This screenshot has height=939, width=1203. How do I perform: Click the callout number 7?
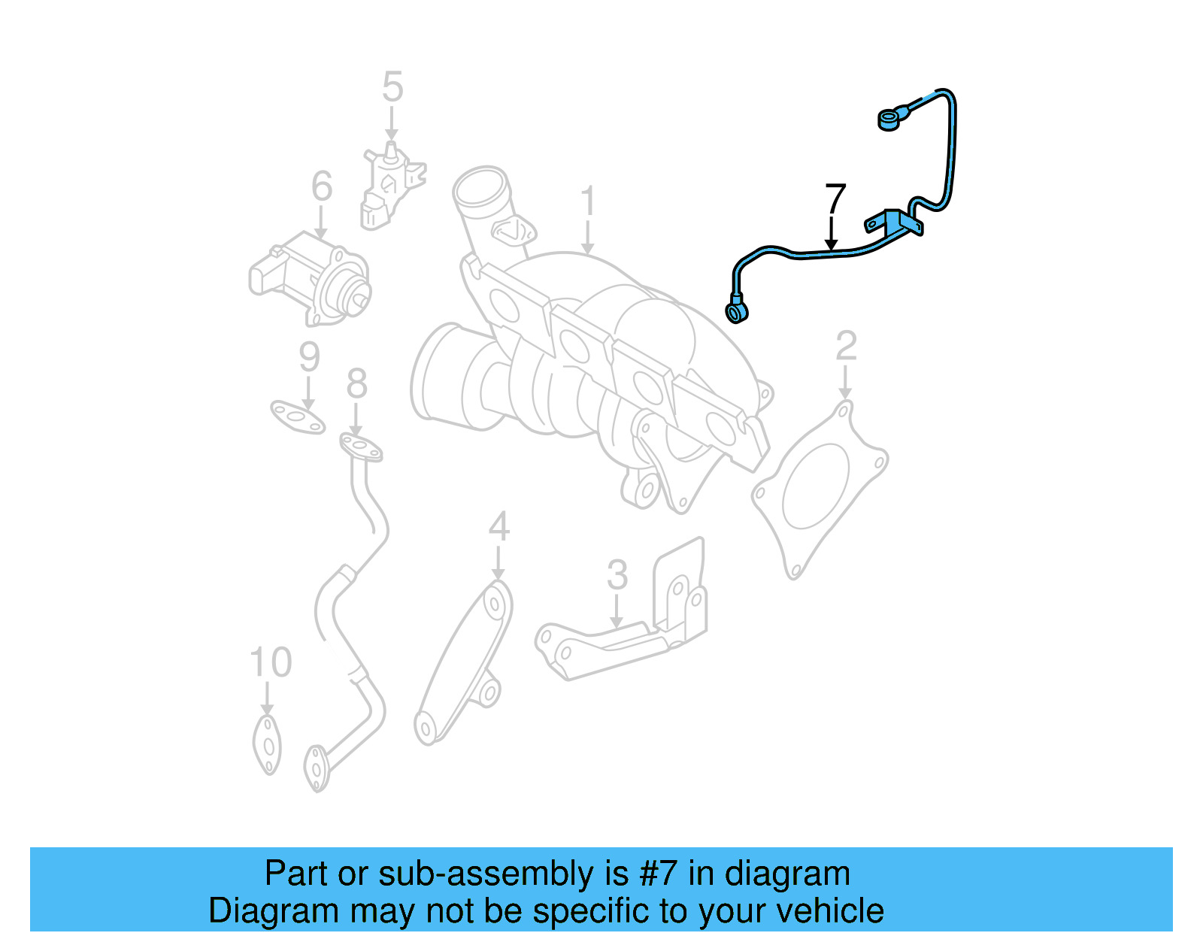[x=835, y=199]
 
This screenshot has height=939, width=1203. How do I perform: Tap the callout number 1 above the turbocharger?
[x=589, y=201]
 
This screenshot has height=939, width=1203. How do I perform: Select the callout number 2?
[x=846, y=346]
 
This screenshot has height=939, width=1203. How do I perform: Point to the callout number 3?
[x=617, y=575]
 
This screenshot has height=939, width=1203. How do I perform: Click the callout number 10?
[x=270, y=662]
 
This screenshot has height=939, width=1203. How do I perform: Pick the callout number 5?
[x=392, y=87]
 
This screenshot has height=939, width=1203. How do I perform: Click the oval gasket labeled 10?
[x=267, y=744]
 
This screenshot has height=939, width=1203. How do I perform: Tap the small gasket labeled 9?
[x=298, y=417]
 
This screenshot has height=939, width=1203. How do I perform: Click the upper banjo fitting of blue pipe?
[x=890, y=119]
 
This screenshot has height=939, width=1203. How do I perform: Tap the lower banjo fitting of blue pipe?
[x=736, y=312]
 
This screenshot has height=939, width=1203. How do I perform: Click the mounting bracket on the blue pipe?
[x=895, y=223]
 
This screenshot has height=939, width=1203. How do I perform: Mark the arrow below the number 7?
[x=831, y=233]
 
